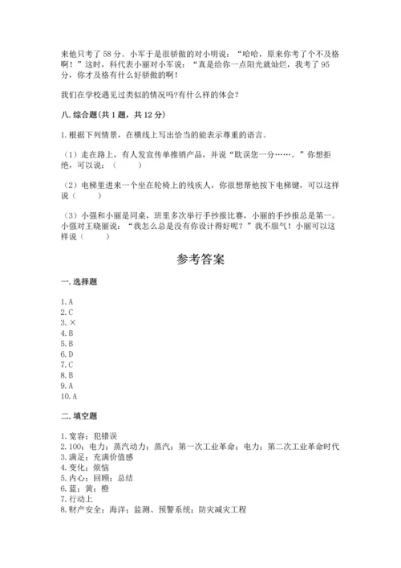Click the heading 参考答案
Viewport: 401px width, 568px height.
[x=200, y=260]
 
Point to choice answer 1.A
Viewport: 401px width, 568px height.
[x=67, y=301]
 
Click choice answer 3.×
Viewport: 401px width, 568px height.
[x=67, y=322]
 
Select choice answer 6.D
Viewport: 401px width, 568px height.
[x=67, y=353]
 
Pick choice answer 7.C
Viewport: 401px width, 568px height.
[x=67, y=365]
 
